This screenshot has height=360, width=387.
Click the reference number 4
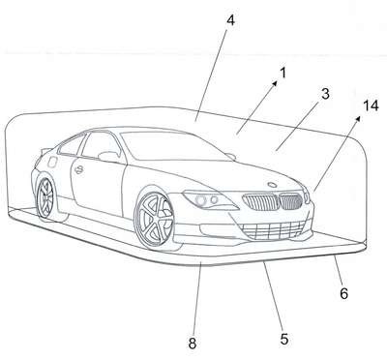click(230, 20)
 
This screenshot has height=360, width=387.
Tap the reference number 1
click(283, 73)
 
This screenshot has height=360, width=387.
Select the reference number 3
click(325, 94)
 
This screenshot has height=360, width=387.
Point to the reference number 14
click(371, 105)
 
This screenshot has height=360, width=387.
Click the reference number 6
click(343, 293)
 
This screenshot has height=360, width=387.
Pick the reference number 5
click(283, 339)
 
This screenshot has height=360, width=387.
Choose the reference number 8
click(193, 344)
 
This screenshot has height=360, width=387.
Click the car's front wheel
click(155, 221)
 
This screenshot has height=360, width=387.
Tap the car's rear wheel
click(45, 197)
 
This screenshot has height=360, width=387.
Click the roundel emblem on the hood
click(273, 185)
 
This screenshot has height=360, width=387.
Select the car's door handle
click(78, 169)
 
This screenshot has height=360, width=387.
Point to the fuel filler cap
click(51, 162)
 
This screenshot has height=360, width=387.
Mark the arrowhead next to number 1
click(275, 83)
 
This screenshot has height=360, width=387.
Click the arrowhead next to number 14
click(357, 119)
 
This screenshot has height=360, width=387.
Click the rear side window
click(72, 145)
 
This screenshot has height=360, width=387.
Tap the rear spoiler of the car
click(45, 150)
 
